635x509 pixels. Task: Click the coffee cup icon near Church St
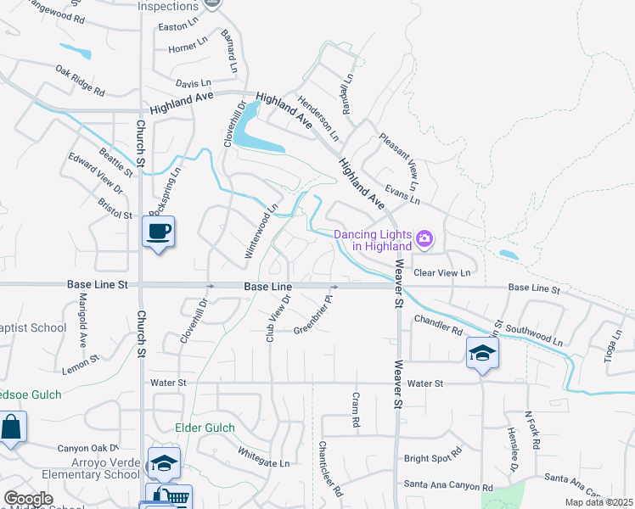click(159, 232)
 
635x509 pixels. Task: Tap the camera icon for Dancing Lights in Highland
click(425, 240)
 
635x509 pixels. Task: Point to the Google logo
click(28, 499)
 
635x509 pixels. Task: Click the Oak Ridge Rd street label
click(80, 80)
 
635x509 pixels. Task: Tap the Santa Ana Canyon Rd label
click(448, 487)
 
